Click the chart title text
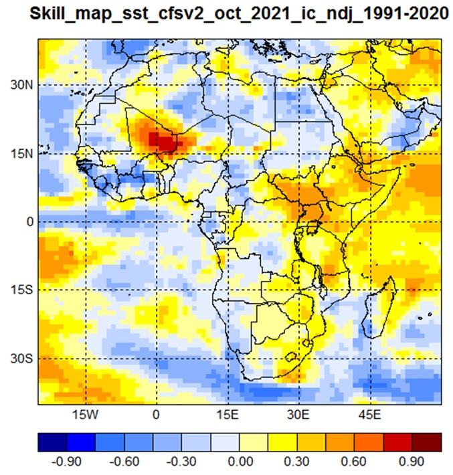(239, 14)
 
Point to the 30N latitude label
(22, 85)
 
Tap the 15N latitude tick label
(22, 154)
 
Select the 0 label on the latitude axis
(30, 221)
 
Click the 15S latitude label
(22, 290)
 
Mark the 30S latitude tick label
(22, 359)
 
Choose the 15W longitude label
(86, 414)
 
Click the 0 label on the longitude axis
(156, 414)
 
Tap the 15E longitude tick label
(228, 414)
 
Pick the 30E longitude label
(299, 414)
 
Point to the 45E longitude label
(370, 414)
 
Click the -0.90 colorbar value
(66, 462)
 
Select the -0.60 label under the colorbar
(124, 462)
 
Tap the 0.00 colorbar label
(240, 462)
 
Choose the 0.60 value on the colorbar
(353, 462)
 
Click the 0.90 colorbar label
(412, 462)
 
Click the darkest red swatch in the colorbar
(427, 442)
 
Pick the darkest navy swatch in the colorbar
(52, 442)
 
